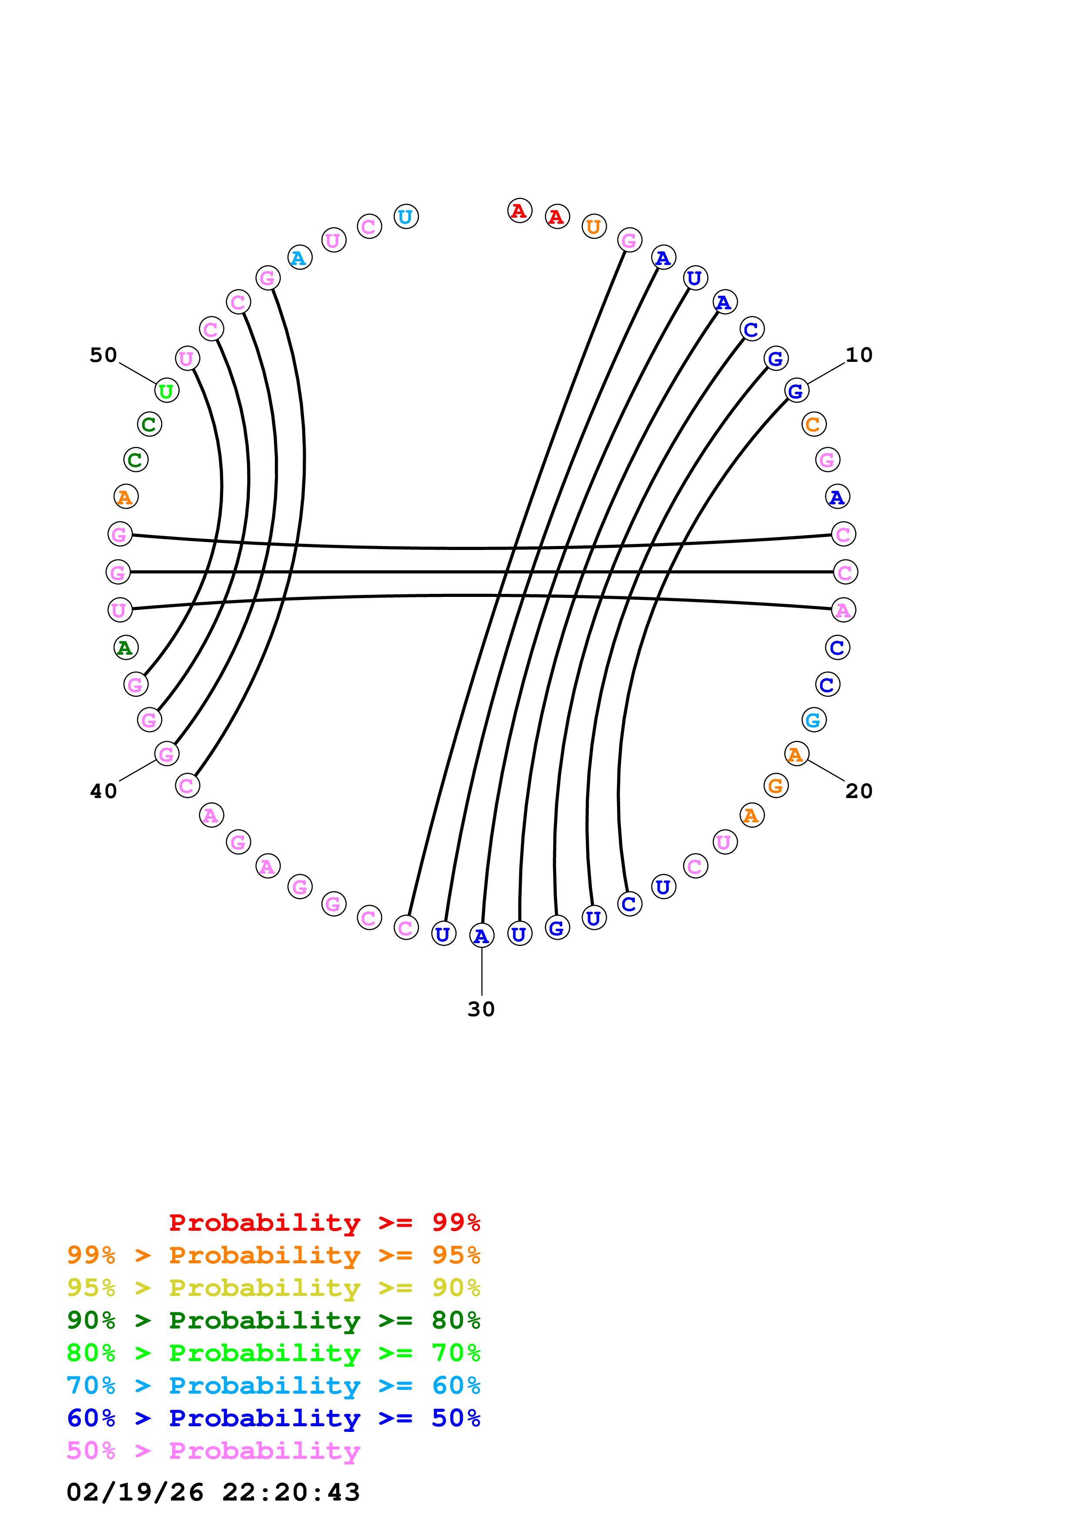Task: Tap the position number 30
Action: coord(481,1009)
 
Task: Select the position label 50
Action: coord(103,355)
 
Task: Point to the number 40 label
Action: coord(103,791)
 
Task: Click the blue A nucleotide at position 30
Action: coord(481,936)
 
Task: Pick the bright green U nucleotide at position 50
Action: coord(167,391)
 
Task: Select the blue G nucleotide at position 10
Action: coord(796,391)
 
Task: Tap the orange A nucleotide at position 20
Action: coord(796,754)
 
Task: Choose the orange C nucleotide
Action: coord(814,424)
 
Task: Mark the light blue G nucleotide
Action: coord(814,719)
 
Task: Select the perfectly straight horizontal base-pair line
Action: coord(481,572)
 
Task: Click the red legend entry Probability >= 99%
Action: coord(324,1223)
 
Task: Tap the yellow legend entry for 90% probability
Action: coord(273,1288)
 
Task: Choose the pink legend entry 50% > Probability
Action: coord(213,1450)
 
